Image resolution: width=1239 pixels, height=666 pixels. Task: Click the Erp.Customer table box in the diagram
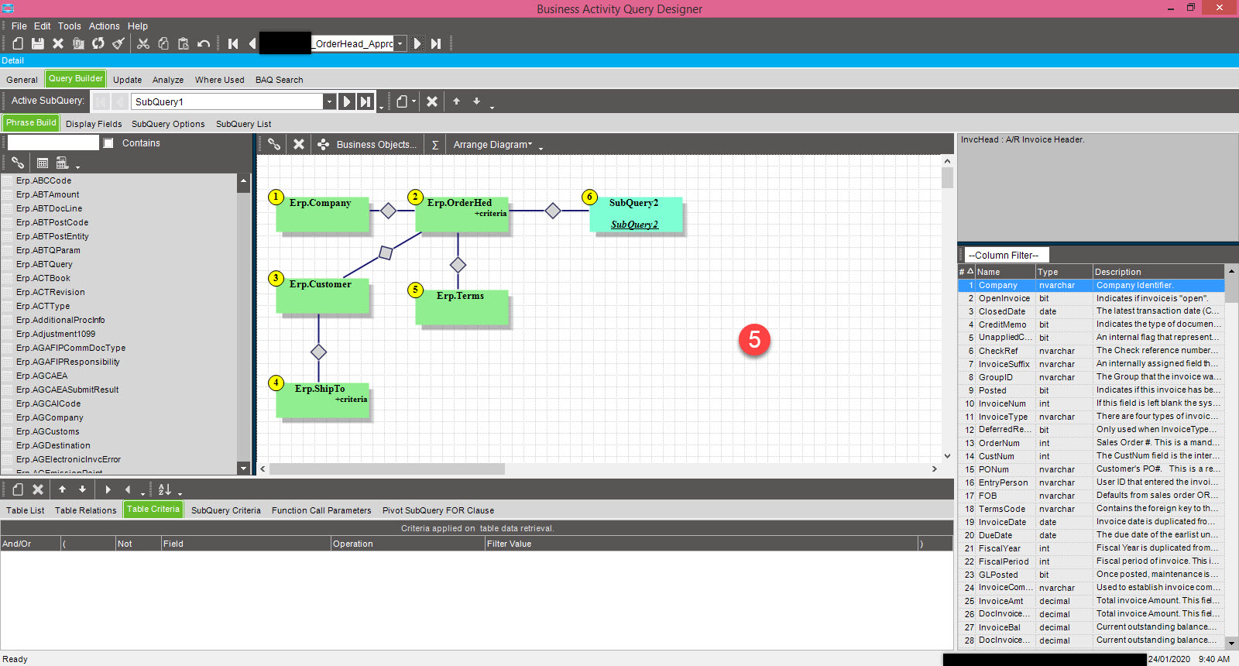(x=322, y=295)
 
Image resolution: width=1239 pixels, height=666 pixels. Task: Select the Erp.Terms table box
(x=462, y=307)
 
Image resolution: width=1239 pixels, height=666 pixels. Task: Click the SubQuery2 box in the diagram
(x=635, y=214)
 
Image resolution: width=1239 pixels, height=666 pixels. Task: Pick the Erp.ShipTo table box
(x=322, y=400)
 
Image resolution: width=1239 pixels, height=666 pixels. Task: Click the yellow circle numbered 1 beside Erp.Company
(x=276, y=197)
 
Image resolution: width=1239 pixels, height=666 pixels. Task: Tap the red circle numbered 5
(x=754, y=339)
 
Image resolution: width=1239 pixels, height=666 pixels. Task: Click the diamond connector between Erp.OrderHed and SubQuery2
(x=553, y=211)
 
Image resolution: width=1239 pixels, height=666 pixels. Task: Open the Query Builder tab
(x=75, y=79)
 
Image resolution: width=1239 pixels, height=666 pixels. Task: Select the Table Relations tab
(x=85, y=510)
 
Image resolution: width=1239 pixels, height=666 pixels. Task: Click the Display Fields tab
(x=94, y=124)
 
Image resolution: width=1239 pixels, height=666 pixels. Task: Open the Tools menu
(x=69, y=26)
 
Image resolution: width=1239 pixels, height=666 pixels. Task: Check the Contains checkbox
(x=108, y=143)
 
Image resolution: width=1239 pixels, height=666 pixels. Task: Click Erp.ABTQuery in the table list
(x=44, y=264)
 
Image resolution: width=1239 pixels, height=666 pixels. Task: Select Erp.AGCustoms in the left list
(x=48, y=431)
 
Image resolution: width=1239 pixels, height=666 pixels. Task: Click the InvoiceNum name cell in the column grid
(x=1002, y=403)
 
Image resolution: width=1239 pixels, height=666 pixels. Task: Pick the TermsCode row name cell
(x=1002, y=509)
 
